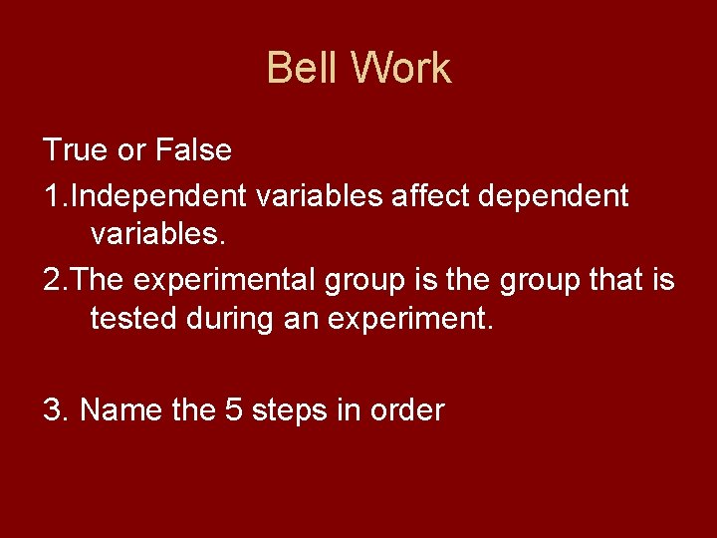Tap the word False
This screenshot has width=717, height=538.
pyautogui.click(x=193, y=151)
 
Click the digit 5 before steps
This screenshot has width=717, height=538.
pyautogui.click(x=234, y=409)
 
